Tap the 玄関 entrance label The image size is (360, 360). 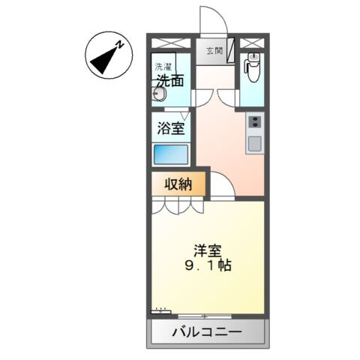point(214,51)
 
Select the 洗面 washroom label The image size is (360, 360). point(169,79)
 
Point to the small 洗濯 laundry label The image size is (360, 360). point(163,66)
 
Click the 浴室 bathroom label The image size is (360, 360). point(171,128)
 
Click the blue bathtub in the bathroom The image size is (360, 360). point(170,154)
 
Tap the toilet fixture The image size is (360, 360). point(253,70)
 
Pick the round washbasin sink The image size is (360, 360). point(160,94)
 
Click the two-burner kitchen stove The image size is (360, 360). point(253,122)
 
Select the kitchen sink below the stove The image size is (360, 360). point(254,143)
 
